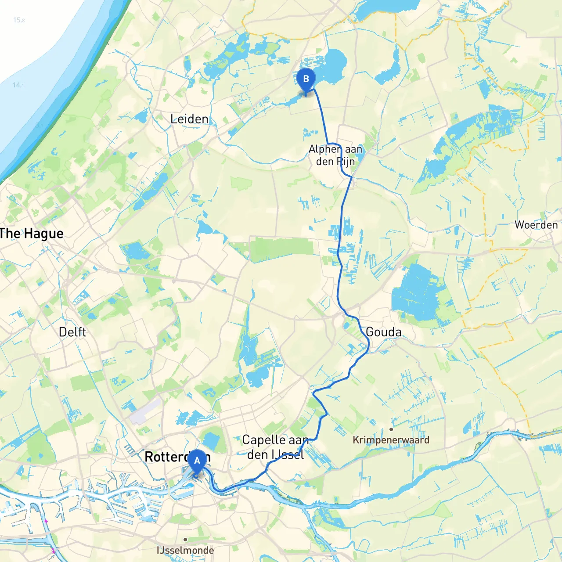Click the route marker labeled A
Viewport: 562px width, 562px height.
tap(197, 461)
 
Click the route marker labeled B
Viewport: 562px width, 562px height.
tap(306, 80)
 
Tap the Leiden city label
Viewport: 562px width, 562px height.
tap(189, 119)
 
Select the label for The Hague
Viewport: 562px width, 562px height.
tap(32, 234)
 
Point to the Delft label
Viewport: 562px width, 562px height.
tap(72, 332)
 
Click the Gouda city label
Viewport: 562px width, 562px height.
tap(384, 332)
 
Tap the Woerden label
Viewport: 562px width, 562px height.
tap(536, 225)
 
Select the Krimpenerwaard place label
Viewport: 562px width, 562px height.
tap(391, 440)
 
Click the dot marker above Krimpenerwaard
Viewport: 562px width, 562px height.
tap(391, 429)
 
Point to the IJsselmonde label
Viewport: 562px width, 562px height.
tap(185, 550)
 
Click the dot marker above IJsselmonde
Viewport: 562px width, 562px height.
tap(185, 539)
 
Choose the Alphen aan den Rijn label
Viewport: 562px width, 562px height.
tap(335, 155)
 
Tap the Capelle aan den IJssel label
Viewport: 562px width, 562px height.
tap(275, 447)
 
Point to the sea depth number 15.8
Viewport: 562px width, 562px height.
tap(19, 20)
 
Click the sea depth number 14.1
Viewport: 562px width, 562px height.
tap(18, 85)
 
